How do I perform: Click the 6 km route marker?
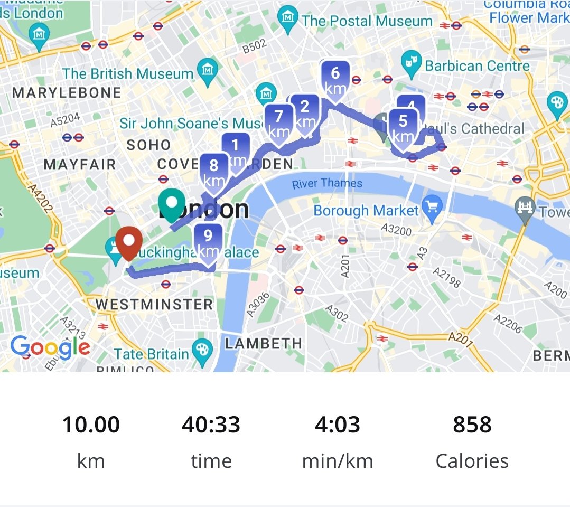(335, 79)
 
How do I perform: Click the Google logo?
(50, 347)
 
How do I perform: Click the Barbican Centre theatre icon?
(409, 64)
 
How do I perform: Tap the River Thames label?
(327, 183)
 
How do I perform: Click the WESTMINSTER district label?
(154, 304)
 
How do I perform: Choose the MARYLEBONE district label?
(67, 93)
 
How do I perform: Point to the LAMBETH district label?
(264, 343)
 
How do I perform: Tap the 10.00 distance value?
(91, 425)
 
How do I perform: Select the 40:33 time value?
(211, 425)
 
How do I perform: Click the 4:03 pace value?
(338, 425)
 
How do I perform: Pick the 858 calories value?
(472, 425)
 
